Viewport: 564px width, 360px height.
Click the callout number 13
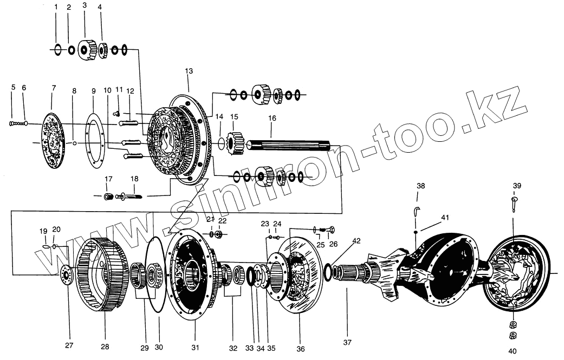point(189,71)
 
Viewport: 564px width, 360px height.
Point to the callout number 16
point(271,118)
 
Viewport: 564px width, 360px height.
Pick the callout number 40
point(513,350)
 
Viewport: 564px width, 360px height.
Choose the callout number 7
point(54,87)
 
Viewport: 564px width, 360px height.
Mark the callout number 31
point(196,347)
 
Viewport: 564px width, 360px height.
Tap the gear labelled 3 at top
point(85,50)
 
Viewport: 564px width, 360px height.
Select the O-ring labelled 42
point(330,268)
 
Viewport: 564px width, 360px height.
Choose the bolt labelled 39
point(514,204)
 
